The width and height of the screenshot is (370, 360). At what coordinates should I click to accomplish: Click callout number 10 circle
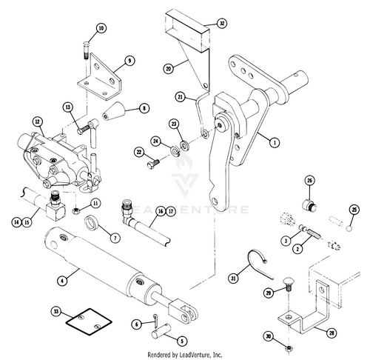click(101, 28)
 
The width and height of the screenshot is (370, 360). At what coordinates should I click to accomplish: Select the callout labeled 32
click(222, 23)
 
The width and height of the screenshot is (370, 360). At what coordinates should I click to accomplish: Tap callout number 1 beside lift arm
click(275, 142)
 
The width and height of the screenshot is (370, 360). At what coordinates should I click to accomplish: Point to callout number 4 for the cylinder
click(62, 281)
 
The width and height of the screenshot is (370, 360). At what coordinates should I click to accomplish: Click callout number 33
click(56, 312)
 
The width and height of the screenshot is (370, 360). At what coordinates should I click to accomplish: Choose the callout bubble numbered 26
click(309, 181)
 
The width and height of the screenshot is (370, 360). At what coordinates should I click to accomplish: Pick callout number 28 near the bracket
click(332, 333)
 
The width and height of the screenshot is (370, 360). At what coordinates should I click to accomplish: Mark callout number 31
click(233, 279)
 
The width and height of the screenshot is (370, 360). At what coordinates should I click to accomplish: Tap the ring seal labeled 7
click(92, 223)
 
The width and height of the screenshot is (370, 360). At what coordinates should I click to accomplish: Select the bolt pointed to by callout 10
click(85, 50)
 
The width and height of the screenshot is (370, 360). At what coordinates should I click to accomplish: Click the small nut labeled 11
click(76, 211)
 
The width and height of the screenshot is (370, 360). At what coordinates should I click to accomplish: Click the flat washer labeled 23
click(184, 145)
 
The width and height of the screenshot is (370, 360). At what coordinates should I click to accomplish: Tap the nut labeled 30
click(288, 348)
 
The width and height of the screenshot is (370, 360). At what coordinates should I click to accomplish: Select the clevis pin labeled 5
click(163, 330)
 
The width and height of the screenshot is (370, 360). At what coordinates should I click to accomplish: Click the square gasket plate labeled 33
click(89, 321)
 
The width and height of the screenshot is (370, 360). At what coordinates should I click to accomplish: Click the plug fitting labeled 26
click(309, 204)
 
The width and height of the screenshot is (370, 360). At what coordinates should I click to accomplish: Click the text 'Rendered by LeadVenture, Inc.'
click(185, 355)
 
